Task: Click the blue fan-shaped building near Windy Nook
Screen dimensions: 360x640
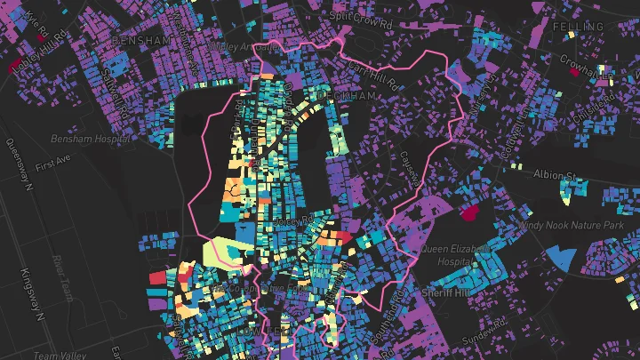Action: coord(561,259)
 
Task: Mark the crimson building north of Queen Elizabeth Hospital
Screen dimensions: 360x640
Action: coord(468,213)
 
